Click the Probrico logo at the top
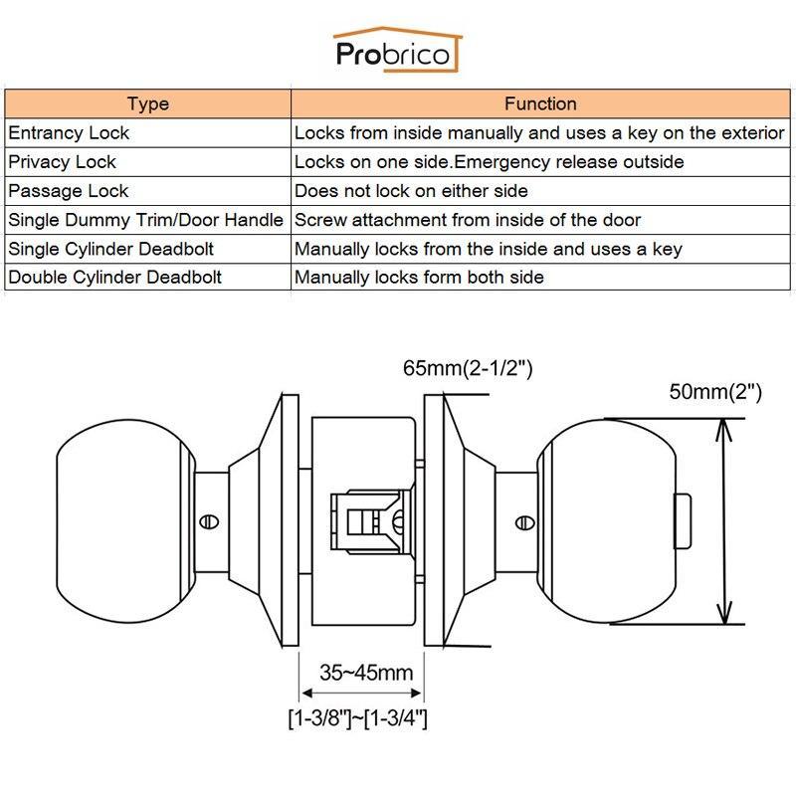[x=397, y=51]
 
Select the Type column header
[x=147, y=104]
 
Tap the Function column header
[x=540, y=104]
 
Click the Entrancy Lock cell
[x=147, y=133]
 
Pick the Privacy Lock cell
[x=147, y=162]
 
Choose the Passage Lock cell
[x=147, y=191]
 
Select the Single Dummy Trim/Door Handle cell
[x=147, y=220]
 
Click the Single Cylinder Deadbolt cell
[x=147, y=249]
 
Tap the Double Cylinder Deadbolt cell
[x=147, y=277]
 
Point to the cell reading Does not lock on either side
[x=540, y=191]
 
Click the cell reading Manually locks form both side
[x=540, y=277]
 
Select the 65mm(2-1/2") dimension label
[x=468, y=368]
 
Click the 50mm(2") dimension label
[x=715, y=392]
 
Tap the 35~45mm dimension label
[x=366, y=673]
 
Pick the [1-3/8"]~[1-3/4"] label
[x=358, y=718]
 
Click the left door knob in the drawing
[x=125, y=521]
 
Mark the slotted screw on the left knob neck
[x=209, y=521]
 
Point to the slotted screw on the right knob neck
[x=525, y=522]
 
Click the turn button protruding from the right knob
[x=683, y=521]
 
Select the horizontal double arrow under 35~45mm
[x=361, y=693]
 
